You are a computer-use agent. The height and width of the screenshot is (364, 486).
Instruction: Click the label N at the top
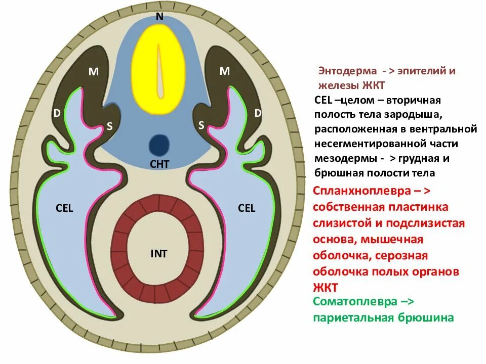coord(159,16)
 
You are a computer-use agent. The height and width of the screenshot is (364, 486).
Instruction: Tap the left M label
coord(94,72)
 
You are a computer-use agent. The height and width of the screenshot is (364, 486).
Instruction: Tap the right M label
coord(225,72)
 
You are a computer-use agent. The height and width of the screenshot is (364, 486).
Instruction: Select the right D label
coord(258,114)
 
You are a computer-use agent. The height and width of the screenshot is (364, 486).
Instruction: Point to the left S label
coord(109,127)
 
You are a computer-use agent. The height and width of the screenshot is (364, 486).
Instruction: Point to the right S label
coord(201,125)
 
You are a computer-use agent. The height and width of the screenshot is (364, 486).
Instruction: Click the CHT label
coord(159,163)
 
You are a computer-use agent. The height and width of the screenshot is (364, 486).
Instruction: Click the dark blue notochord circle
coord(159,145)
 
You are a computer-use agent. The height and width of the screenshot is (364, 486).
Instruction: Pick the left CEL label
coord(65,208)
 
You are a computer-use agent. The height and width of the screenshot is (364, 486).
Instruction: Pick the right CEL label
coord(247,208)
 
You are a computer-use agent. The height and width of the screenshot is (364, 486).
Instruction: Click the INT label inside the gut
coord(158,254)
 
